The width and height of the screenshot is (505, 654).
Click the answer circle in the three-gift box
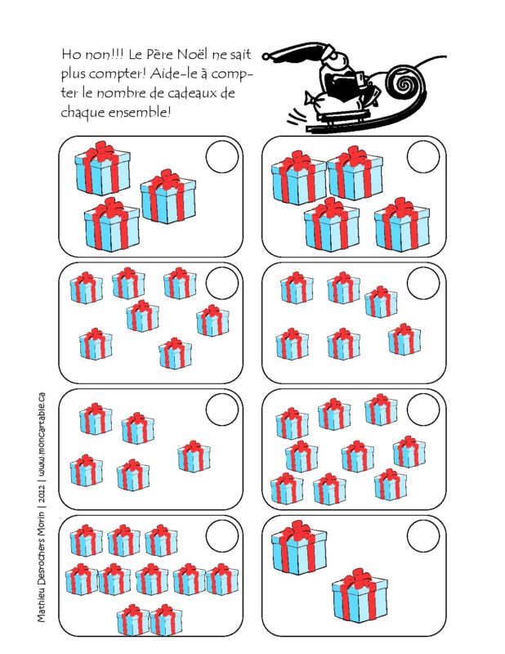(222, 157)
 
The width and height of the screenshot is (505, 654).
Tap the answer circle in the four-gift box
(423, 157)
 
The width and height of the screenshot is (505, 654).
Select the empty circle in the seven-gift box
(222, 283)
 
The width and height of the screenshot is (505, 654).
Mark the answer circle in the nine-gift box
(423, 408)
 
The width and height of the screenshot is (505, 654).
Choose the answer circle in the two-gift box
(423, 537)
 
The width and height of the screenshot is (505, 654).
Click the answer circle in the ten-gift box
(222, 536)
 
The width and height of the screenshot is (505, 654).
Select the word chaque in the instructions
(83, 111)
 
